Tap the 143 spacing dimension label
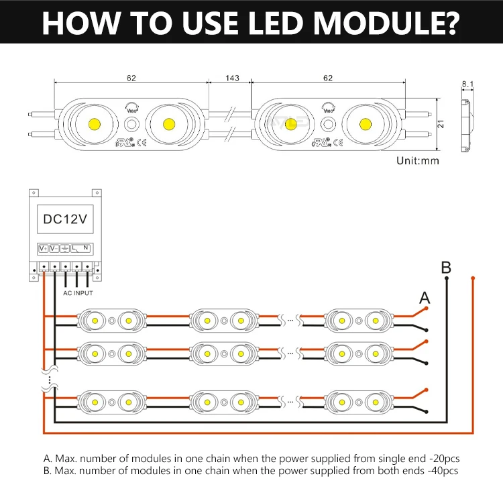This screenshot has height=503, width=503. tap(232, 78)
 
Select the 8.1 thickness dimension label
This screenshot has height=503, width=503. tap(467, 85)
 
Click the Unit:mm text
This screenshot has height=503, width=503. tap(417, 161)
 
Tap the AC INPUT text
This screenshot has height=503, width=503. tap(78, 293)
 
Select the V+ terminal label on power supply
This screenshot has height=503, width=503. tap(42, 249)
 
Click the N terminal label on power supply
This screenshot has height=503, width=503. tap(87, 249)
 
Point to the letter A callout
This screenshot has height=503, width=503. tap(424, 297)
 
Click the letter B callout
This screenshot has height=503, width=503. tap(447, 268)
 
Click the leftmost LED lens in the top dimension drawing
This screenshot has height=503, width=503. tap(93, 123)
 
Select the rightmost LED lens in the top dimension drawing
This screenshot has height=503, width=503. tap(365, 123)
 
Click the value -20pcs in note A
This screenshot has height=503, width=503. tap(441, 459)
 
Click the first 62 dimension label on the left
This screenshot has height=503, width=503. tap(131, 78)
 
